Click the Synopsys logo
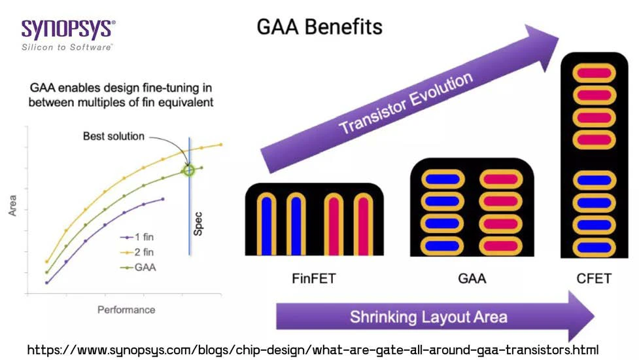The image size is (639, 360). [x=68, y=30]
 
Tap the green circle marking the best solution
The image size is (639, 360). [x=188, y=170]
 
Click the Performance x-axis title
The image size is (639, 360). [x=126, y=310]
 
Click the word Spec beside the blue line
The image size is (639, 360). [x=198, y=223]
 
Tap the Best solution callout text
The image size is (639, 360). [x=113, y=137]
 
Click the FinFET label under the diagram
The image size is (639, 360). [x=313, y=278]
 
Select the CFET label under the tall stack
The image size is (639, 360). [x=594, y=278]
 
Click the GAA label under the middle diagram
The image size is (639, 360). [x=472, y=278]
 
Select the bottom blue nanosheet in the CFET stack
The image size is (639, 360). [x=595, y=247]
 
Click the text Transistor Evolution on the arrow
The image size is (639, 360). [x=406, y=104]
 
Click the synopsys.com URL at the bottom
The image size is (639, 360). [x=313, y=350]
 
